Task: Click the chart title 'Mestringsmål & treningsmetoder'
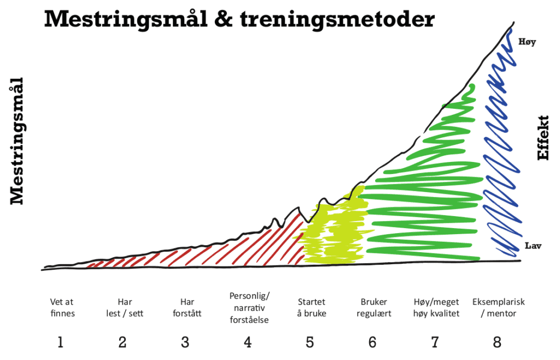(x=239, y=19)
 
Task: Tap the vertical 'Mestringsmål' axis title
(x=18, y=141)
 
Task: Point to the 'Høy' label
(x=527, y=41)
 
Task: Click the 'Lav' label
(x=532, y=246)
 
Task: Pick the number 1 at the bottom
(x=61, y=342)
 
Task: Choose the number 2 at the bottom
(x=122, y=342)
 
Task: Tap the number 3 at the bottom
(x=185, y=342)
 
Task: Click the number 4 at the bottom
(x=248, y=342)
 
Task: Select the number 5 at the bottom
(x=310, y=342)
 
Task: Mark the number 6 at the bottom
(x=372, y=342)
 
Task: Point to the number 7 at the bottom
(x=435, y=342)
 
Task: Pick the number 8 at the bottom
(x=497, y=342)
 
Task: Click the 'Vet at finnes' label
(x=62, y=307)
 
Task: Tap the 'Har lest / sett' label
(x=125, y=307)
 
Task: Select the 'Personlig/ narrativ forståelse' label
(x=249, y=307)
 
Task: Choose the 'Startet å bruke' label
(x=312, y=307)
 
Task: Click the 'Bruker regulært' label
(x=374, y=307)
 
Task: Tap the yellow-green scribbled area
(x=331, y=233)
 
